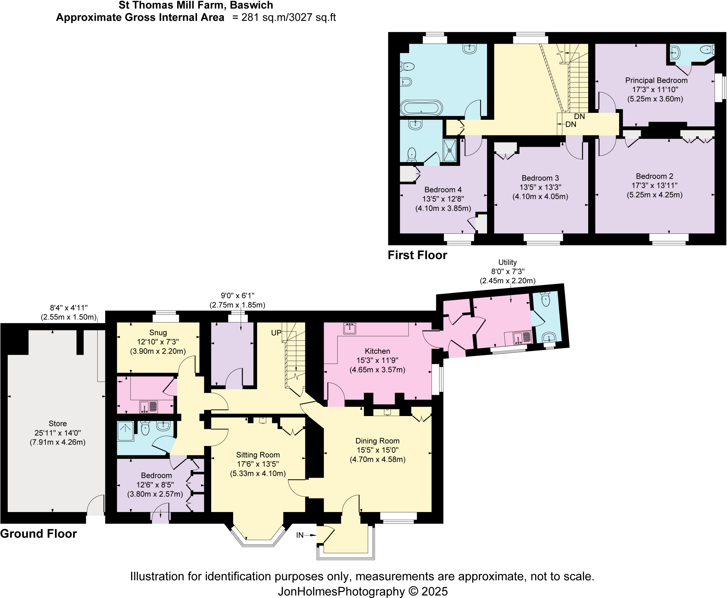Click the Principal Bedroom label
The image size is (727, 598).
click(656, 80)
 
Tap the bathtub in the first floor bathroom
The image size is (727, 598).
click(421, 108)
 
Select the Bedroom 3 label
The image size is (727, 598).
click(540, 178)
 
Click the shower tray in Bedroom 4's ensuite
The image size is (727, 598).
click(450, 150)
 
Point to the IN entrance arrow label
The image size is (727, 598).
click(300, 535)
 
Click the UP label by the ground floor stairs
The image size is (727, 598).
click(276, 333)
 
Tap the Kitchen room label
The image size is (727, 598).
click(377, 351)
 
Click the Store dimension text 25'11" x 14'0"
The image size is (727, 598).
click(58, 433)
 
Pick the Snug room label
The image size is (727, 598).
click(158, 333)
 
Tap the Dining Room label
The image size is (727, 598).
click(377, 441)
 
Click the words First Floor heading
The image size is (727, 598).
click(417, 255)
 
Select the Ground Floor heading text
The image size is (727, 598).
click(38, 534)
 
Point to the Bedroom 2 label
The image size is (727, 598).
click(654, 176)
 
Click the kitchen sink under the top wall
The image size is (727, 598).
click(350, 328)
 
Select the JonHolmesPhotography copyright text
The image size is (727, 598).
click(362, 591)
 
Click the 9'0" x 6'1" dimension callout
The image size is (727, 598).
click(237, 296)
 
